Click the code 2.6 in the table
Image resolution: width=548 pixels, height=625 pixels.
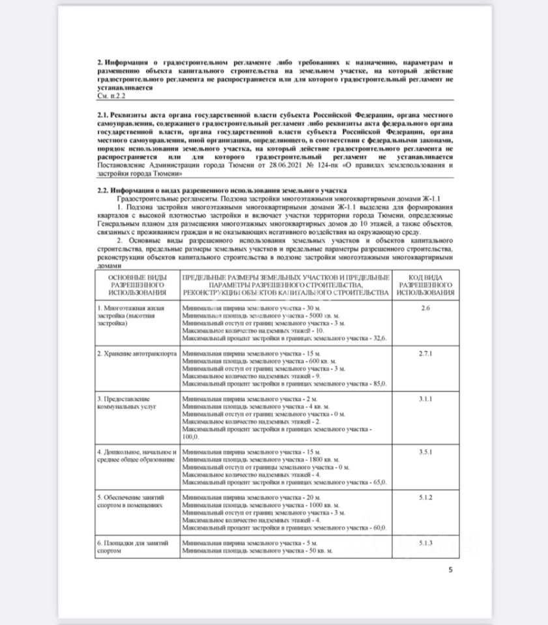coord(425,307)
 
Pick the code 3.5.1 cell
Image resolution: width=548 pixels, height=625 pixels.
coord(425,450)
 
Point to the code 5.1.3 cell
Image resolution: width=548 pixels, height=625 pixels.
coord(425,542)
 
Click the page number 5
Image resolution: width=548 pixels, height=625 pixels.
coord(450,571)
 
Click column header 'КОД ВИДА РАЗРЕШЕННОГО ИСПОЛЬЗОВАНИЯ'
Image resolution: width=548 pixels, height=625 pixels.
coord(425,286)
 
